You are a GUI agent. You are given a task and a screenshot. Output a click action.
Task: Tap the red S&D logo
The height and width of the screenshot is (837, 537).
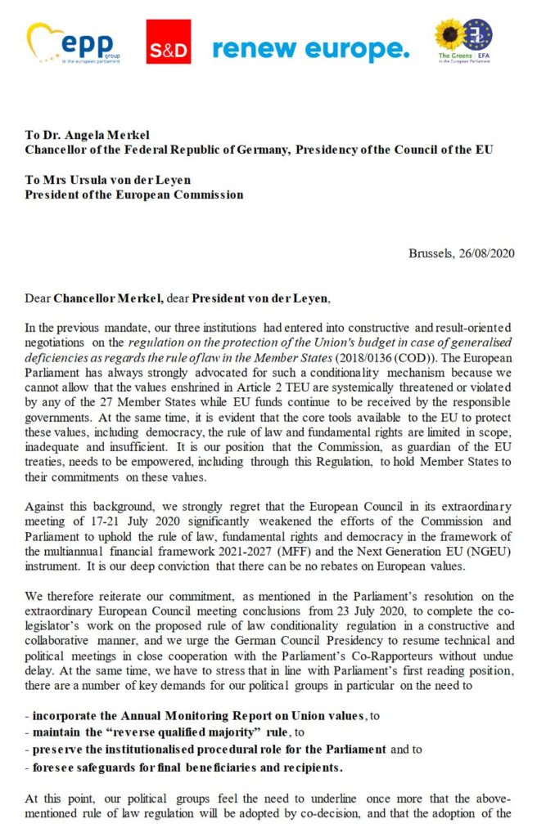tap(169, 43)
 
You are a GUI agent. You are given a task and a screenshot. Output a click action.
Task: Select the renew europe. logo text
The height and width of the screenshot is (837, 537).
tap(310, 48)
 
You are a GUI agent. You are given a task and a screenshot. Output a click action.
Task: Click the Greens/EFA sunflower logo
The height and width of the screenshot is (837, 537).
tap(463, 43)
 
